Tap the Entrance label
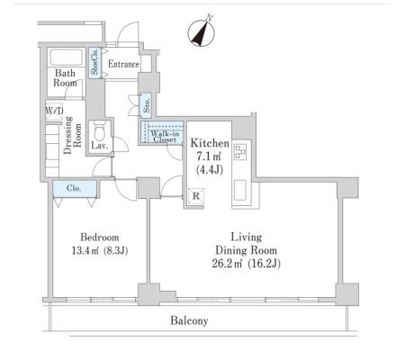[123, 64]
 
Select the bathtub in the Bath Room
[67, 57]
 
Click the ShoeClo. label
[95, 61]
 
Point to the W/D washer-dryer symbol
[54, 111]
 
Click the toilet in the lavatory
[98, 130]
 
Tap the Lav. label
[100, 146]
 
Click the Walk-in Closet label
[165, 137]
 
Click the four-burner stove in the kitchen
[240, 151]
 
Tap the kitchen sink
[240, 190]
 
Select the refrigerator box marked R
[196, 196]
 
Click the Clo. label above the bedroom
[74, 188]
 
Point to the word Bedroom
[100, 238]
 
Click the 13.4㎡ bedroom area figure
[85, 250]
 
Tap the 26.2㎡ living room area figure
[227, 264]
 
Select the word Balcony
[189, 320]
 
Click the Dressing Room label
[73, 135]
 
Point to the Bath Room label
[65, 77]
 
